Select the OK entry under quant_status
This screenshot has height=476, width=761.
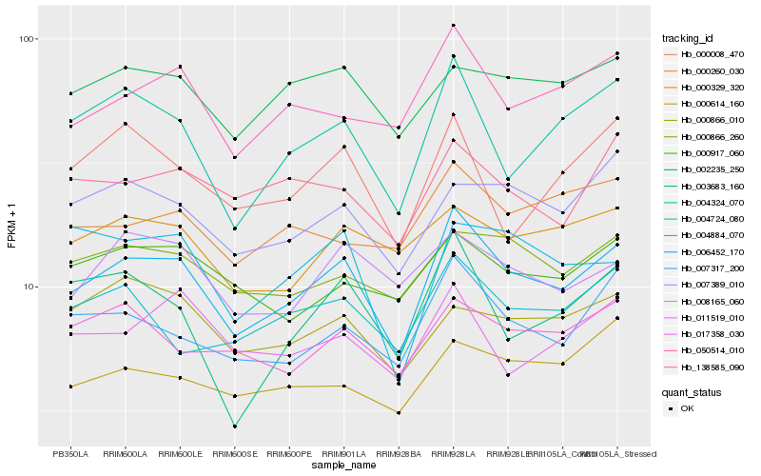pos(688,407)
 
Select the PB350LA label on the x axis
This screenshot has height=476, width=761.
pos(70,454)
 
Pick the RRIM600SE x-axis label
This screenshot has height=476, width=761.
pos(235,454)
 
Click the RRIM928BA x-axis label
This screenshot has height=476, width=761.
pos(400,454)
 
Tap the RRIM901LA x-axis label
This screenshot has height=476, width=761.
pos(344,454)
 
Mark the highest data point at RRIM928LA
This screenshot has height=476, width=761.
pos(454,26)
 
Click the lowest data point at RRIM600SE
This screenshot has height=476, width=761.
pos(235,426)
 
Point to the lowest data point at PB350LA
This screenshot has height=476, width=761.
pos(70,387)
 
